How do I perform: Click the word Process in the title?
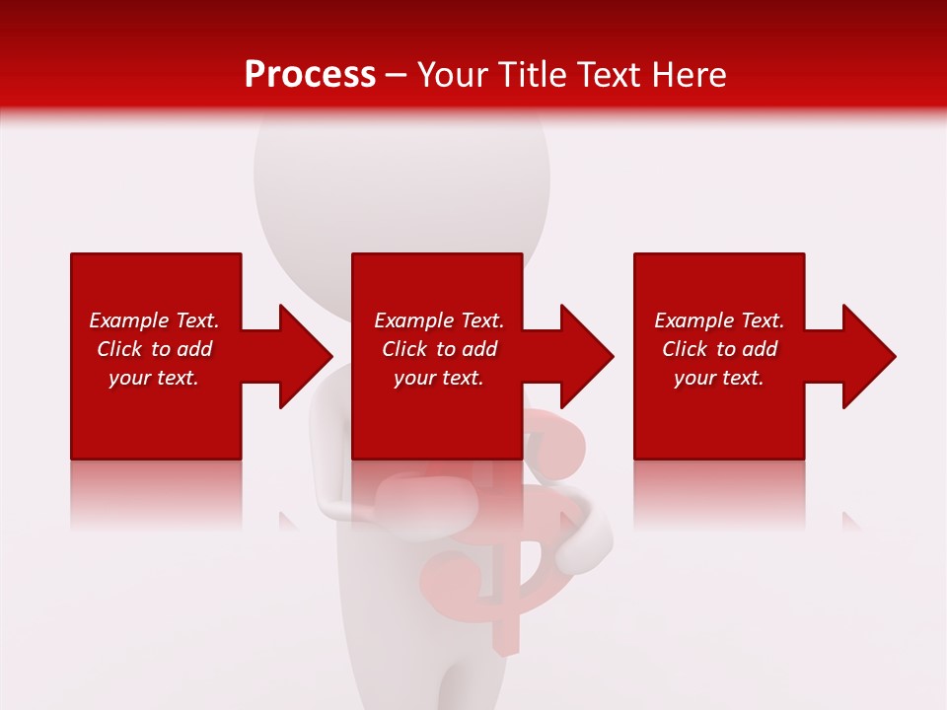point(310,75)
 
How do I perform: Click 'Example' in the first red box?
point(128,320)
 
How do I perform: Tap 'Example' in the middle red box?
point(413,320)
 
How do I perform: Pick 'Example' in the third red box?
point(693,320)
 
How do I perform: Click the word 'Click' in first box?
point(119,349)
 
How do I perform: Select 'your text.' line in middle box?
point(438,378)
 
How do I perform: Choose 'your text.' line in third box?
point(718,378)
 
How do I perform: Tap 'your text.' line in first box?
point(154,378)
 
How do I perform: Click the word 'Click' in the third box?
point(685,349)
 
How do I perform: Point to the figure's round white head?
point(401,177)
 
